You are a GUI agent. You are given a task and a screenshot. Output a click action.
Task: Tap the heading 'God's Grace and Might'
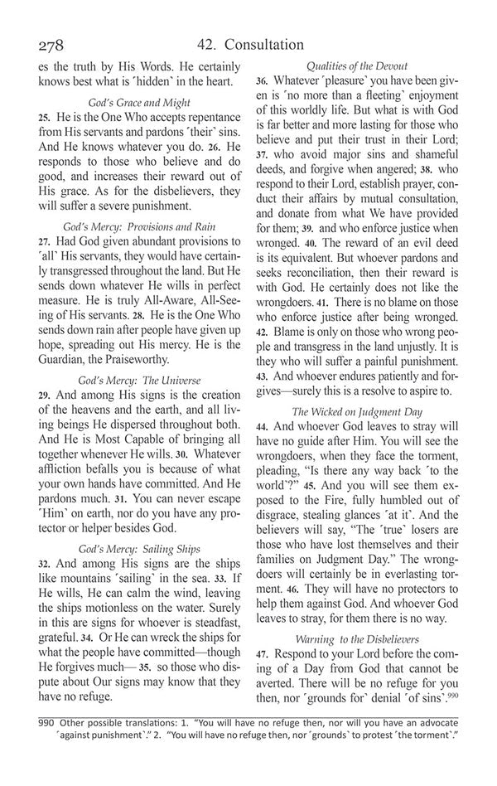tap(139, 103)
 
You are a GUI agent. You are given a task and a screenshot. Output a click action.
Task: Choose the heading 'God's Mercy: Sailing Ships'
tap(139, 548)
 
